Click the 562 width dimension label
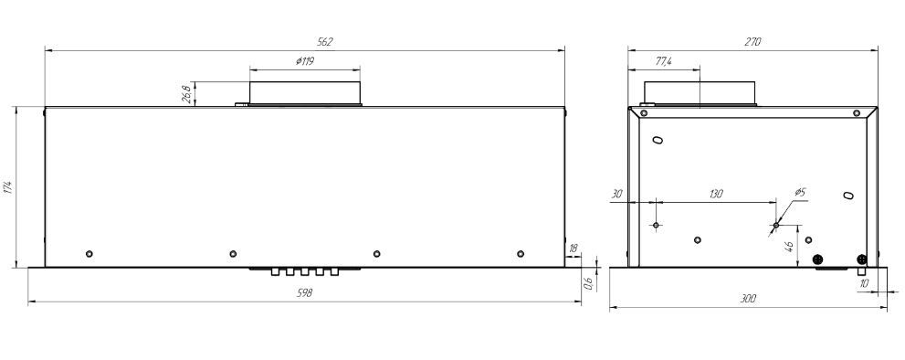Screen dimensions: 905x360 (x=325, y=42)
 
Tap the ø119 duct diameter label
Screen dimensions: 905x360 (x=304, y=60)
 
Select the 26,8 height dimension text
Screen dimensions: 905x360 (x=186, y=94)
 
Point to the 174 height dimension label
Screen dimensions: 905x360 (x=8, y=188)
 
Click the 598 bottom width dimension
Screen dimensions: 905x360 (x=304, y=293)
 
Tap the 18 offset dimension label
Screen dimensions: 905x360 (x=574, y=248)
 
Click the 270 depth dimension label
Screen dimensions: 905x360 (x=753, y=42)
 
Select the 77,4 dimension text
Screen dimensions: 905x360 (x=664, y=62)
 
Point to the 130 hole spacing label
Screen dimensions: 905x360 (x=715, y=194)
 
